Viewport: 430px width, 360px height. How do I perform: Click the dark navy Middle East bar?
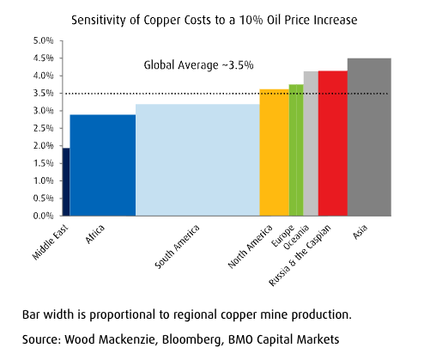pyautogui.click(x=66, y=182)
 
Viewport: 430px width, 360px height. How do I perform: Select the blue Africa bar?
pyautogui.click(x=102, y=165)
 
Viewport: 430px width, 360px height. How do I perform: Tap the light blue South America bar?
pyautogui.click(x=197, y=160)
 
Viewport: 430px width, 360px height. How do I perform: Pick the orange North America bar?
pyautogui.click(x=274, y=152)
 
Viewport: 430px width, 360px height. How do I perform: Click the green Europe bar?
pyautogui.click(x=296, y=150)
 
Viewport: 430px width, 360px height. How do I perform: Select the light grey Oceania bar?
pyautogui.click(x=311, y=143)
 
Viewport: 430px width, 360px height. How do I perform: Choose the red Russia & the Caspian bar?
pyautogui.click(x=333, y=143)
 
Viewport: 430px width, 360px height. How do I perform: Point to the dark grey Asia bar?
pyautogui.click(x=369, y=137)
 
